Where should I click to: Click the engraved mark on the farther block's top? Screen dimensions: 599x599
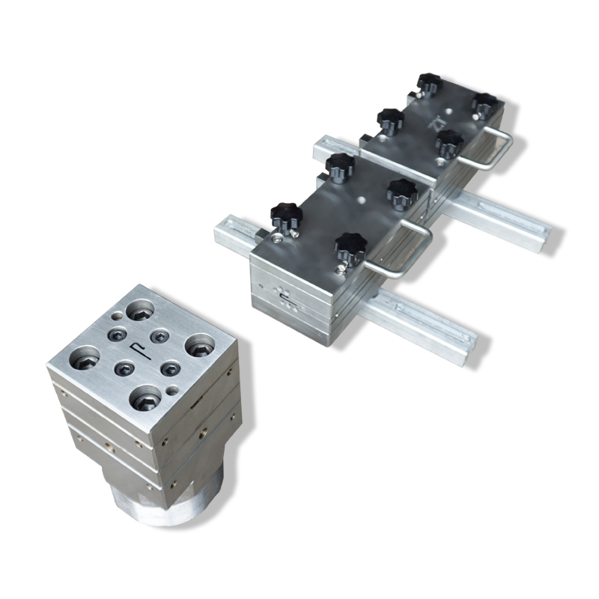[438, 121]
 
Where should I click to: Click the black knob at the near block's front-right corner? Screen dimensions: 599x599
[349, 246]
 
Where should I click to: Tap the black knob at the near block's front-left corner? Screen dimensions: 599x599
[285, 216]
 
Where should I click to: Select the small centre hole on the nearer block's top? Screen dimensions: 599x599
[362, 201]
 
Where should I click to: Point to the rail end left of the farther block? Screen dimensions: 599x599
[329, 148]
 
